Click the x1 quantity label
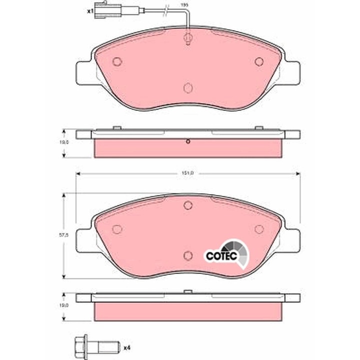pos(90,10)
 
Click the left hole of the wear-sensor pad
pos(117,61)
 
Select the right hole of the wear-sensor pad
pos(258,61)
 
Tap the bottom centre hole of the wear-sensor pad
pos(187,88)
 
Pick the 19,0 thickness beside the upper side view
pos(64,142)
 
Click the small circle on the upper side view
pos(187,141)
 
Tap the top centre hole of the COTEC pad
pos(187,205)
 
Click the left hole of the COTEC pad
pos(117,229)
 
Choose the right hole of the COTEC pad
pos(258,229)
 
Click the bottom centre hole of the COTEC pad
pos(187,255)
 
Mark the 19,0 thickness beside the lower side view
pos(64,303)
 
